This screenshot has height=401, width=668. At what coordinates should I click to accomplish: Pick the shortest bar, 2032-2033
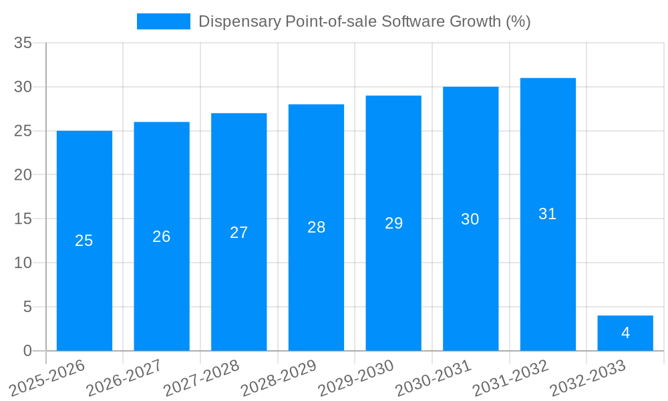click(x=625, y=341)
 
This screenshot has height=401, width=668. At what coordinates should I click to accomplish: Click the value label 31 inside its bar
click(x=548, y=214)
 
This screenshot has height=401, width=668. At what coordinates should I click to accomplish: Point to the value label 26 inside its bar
click(x=162, y=237)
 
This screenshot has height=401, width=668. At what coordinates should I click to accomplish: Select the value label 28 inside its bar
click(x=316, y=227)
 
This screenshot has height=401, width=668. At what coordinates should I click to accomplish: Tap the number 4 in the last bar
click(x=625, y=333)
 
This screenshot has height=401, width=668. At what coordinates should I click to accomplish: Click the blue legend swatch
click(x=164, y=21)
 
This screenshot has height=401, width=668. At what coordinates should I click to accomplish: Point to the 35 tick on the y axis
click(x=23, y=43)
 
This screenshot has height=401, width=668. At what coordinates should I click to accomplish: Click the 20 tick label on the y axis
click(x=23, y=175)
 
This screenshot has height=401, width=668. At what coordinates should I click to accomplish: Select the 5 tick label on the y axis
click(x=27, y=307)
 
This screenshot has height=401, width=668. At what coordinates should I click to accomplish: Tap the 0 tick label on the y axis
click(x=27, y=351)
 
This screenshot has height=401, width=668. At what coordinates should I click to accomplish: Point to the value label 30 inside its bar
click(x=470, y=219)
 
